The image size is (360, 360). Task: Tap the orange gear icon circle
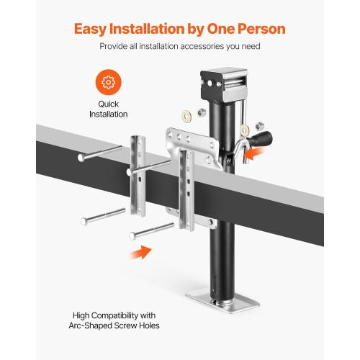107,83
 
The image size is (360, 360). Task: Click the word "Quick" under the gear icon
107,104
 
